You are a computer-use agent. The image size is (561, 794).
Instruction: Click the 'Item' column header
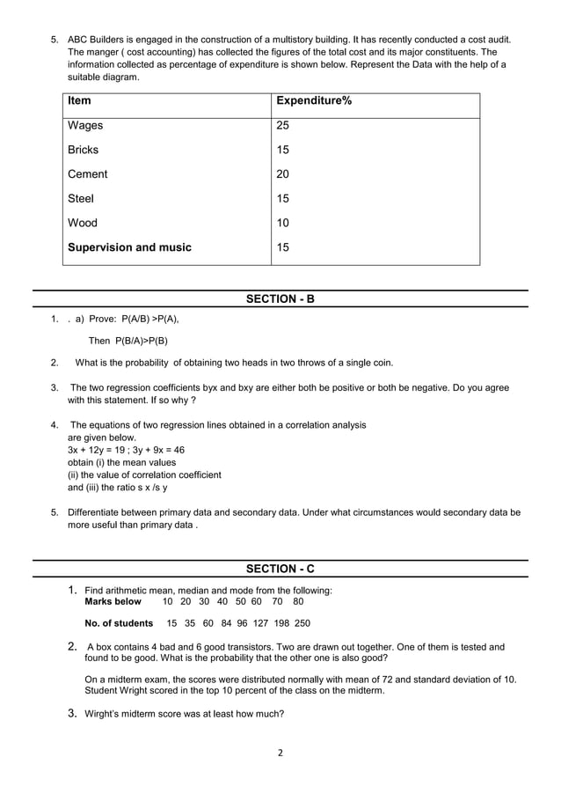79,101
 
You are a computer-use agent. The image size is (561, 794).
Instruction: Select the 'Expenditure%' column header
314,101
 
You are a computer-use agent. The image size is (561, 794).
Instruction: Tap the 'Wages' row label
85,126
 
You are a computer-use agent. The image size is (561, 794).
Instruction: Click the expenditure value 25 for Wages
283,126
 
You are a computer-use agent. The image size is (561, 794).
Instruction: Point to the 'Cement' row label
89,174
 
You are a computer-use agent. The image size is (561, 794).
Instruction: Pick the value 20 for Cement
283,174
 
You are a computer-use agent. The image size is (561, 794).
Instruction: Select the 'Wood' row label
83,223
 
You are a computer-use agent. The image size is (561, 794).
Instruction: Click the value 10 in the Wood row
283,223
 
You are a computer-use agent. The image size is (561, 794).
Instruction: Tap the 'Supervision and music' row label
129,247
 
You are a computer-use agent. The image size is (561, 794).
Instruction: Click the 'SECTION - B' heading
280,299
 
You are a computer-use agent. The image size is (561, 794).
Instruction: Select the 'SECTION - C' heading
280,569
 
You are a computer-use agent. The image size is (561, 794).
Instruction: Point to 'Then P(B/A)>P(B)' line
128,341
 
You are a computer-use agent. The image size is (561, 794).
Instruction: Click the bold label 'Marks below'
113,601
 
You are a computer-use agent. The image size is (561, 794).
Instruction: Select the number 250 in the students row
302,623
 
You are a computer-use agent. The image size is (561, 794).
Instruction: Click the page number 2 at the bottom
280,753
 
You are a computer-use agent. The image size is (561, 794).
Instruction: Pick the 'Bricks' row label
84,150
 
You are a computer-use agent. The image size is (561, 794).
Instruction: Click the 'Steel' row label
81,199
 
